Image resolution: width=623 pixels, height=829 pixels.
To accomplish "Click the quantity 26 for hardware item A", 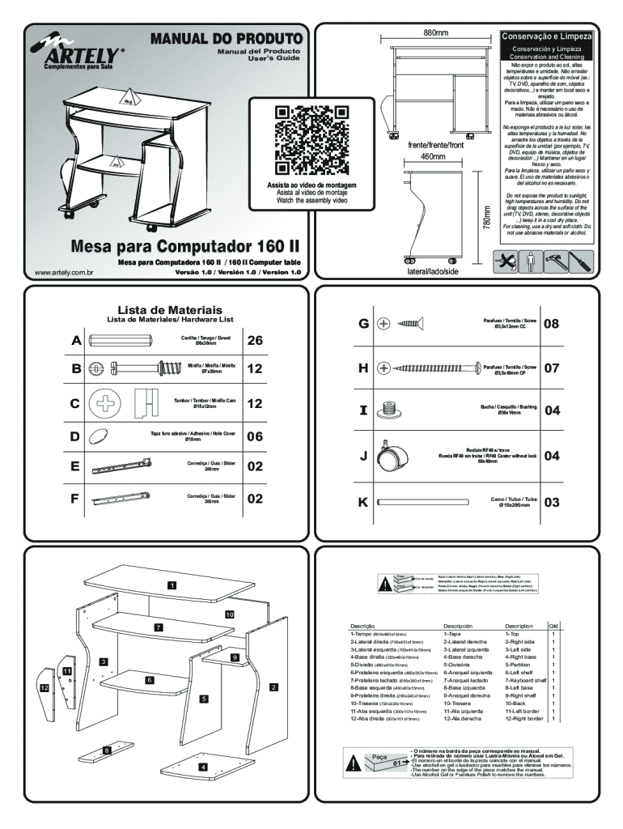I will [255, 341].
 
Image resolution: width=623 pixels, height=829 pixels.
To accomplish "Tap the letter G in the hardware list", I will [362, 323].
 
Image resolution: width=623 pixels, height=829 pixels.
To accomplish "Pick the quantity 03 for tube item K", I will [552, 503].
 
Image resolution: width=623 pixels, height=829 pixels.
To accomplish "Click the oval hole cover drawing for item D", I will [100, 436].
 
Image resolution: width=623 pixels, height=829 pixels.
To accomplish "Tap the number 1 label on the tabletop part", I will [171, 585].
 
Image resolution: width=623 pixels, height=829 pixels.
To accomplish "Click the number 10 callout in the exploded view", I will [230, 615].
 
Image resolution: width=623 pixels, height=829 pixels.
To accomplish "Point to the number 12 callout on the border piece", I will [44, 687].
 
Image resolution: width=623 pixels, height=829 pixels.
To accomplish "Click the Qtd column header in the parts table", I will [553, 626].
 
